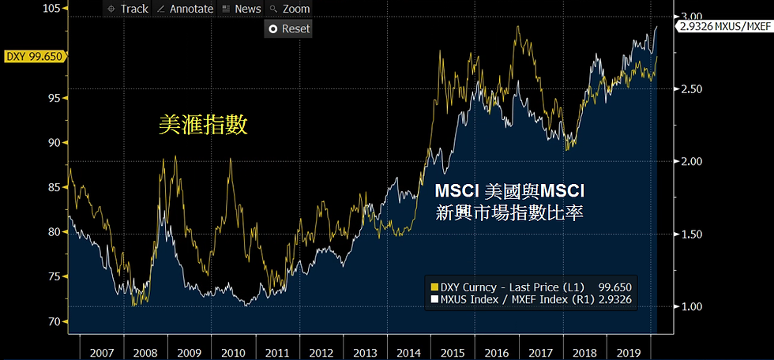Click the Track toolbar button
[127, 9]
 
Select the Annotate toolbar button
[186, 9]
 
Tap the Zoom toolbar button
[290, 9]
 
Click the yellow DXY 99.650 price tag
[33, 56]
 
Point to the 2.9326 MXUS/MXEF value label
[723, 25]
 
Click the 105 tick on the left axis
[52, 8]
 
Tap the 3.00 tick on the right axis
[691, 16]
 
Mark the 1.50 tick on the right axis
[691, 234]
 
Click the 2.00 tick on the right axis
[691, 161]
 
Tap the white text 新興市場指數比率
[509, 212]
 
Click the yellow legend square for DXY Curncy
[433, 287]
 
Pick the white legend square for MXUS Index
[433, 301]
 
